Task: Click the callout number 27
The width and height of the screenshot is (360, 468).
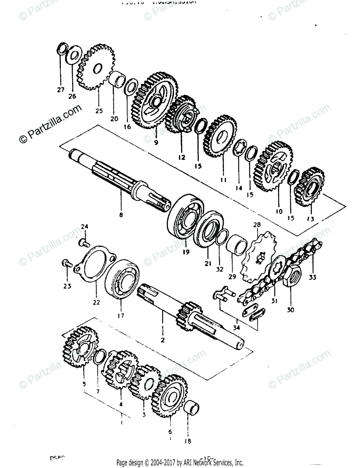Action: [60, 90]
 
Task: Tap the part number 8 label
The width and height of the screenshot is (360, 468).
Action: [121, 214]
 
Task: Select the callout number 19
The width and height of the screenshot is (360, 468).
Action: [186, 252]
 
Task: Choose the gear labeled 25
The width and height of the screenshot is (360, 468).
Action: [93, 67]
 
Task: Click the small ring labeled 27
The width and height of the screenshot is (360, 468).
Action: [61, 50]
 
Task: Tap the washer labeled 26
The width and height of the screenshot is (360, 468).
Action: [74, 55]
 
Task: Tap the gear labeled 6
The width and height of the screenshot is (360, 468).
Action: [169, 394]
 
